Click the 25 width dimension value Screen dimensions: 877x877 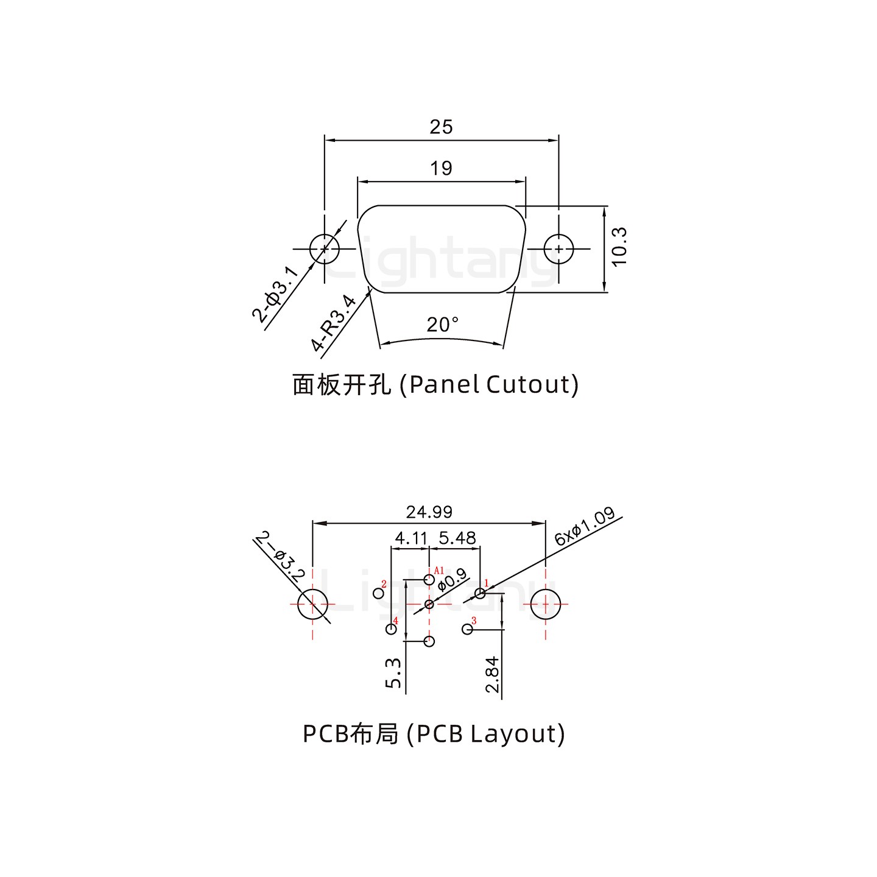pyautogui.click(x=441, y=127)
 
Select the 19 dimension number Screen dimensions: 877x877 pyautogui.click(x=441, y=168)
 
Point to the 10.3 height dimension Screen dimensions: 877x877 pyautogui.click(x=619, y=247)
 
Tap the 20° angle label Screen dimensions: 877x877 pyautogui.click(x=443, y=325)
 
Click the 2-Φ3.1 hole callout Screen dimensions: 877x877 pyautogui.click(x=275, y=294)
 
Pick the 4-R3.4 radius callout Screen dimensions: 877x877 pyautogui.click(x=333, y=323)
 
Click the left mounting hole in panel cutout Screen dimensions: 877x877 pyautogui.click(x=324, y=248)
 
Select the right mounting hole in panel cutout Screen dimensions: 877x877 pyautogui.click(x=558, y=248)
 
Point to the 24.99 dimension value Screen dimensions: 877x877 pyautogui.click(x=429, y=512)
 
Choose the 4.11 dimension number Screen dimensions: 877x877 pyautogui.click(x=411, y=538)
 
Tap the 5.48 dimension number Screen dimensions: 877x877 pyautogui.click(x=457, y=538)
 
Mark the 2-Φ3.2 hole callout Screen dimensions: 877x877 pyautogui.click(x=280, y=556)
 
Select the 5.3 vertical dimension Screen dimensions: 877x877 pyautogui.click(x=393, y=673)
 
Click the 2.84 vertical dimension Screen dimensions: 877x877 pyautogui.click(x=492, y=674)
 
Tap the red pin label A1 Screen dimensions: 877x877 pyautogui.click(x=439, y=571)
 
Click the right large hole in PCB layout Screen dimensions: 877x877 pyautogui.click(x=545, y=604)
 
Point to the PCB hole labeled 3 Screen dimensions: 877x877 pyautogui.click(x=467, y=630)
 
